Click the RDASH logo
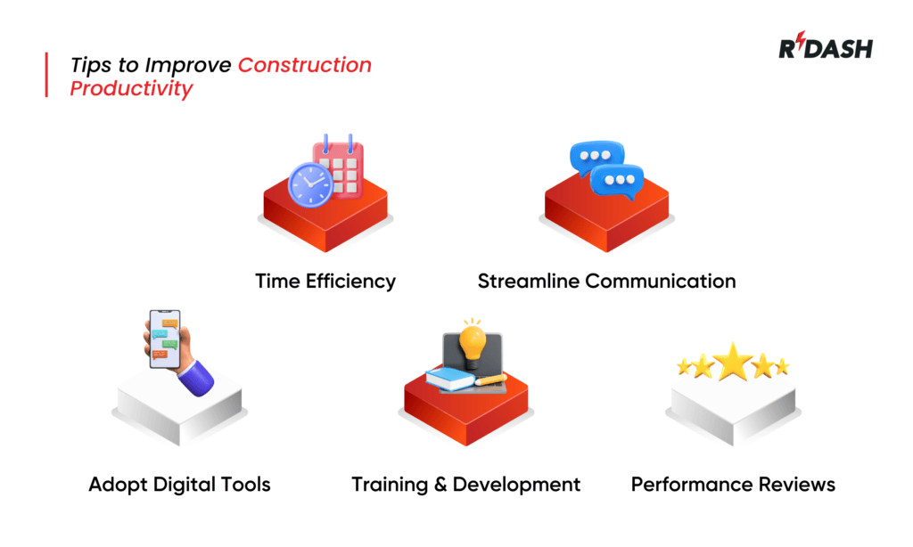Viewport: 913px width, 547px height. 825,49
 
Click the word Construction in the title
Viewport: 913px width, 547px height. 305,65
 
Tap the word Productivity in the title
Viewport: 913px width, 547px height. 131,88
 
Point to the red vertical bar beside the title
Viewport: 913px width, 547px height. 46,75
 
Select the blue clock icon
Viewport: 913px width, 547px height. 309,184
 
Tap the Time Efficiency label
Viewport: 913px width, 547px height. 325,282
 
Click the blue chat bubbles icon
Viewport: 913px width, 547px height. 606,168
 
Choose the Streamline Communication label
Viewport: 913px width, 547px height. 606,282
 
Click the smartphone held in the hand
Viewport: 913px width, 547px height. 164,338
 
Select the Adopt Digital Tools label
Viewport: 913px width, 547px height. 179,485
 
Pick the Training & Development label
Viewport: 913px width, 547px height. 465,485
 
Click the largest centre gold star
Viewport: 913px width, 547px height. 733,360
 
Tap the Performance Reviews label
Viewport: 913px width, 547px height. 733,485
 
